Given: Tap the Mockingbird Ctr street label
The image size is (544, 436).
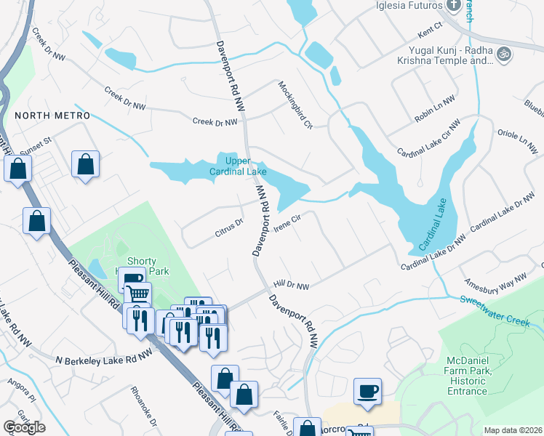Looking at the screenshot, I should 295,105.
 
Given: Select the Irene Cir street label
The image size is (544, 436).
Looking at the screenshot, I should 288,222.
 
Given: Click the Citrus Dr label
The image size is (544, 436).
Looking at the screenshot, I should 228,228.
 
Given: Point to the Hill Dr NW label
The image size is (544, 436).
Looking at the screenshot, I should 291,286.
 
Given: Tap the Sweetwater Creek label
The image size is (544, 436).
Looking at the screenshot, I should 501,308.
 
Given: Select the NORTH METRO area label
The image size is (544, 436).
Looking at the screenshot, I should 52,116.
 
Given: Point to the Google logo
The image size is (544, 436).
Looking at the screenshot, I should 24,427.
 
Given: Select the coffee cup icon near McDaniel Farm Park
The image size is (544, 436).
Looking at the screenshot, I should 367,391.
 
